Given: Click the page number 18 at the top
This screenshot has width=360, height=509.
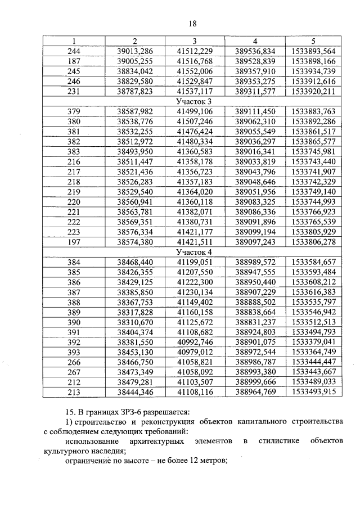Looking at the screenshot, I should point(192,23).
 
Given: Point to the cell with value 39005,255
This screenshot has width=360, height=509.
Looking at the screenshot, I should point(135,61).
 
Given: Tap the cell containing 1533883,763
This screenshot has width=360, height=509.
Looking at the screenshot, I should point(314,111).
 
